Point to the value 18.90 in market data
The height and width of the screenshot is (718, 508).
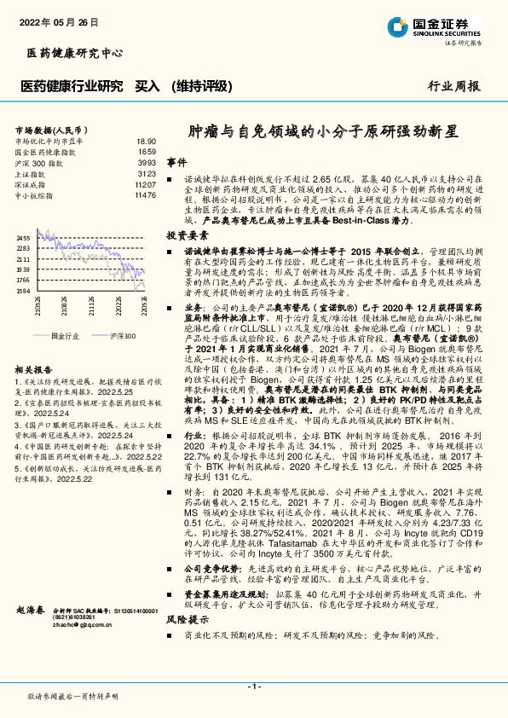(x=146, y=141)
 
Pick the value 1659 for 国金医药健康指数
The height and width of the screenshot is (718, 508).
(x=147, y=151)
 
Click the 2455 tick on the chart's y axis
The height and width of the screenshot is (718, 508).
(x=24, y=238)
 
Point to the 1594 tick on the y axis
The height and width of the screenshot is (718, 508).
(x=24, y=291)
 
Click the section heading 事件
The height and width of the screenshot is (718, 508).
(x=176, y=161)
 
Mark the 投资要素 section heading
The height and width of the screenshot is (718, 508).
(x=187, y=234)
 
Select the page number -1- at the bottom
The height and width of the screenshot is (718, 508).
(x=253, y=686)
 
